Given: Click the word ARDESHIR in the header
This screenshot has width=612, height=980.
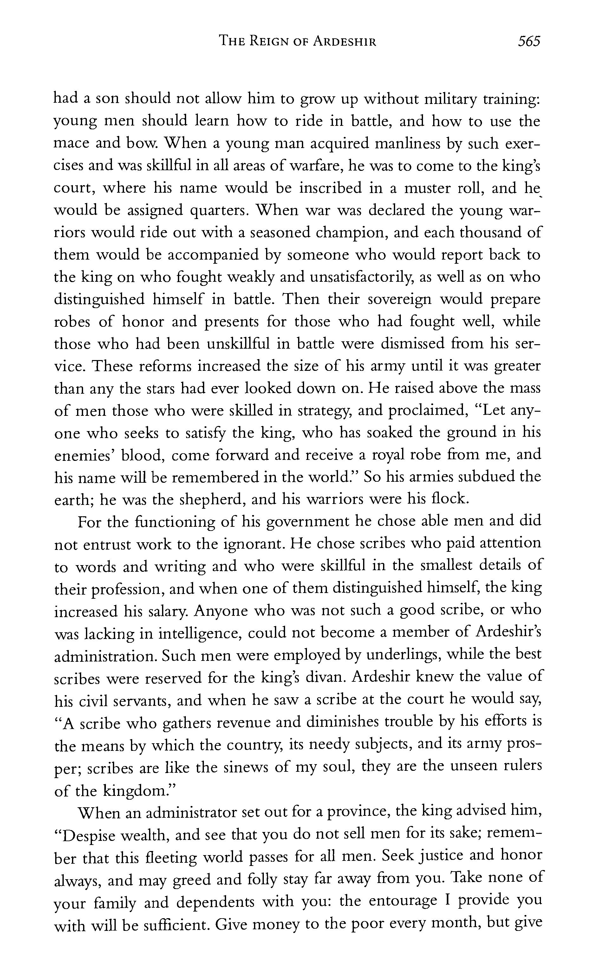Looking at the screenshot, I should point(345,41).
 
